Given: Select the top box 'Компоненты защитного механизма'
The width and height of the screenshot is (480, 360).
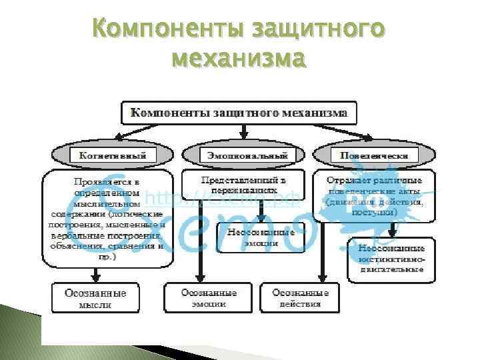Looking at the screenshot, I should point(239,113).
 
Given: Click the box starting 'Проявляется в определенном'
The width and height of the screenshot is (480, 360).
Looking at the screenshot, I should point(107,218).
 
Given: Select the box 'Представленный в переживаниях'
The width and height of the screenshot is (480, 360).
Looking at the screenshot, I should point(243,185).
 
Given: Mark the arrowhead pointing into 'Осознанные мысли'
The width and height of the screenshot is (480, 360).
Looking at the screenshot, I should point(96,276).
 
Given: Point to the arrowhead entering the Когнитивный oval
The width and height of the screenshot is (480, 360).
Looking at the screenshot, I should point(117,139).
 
